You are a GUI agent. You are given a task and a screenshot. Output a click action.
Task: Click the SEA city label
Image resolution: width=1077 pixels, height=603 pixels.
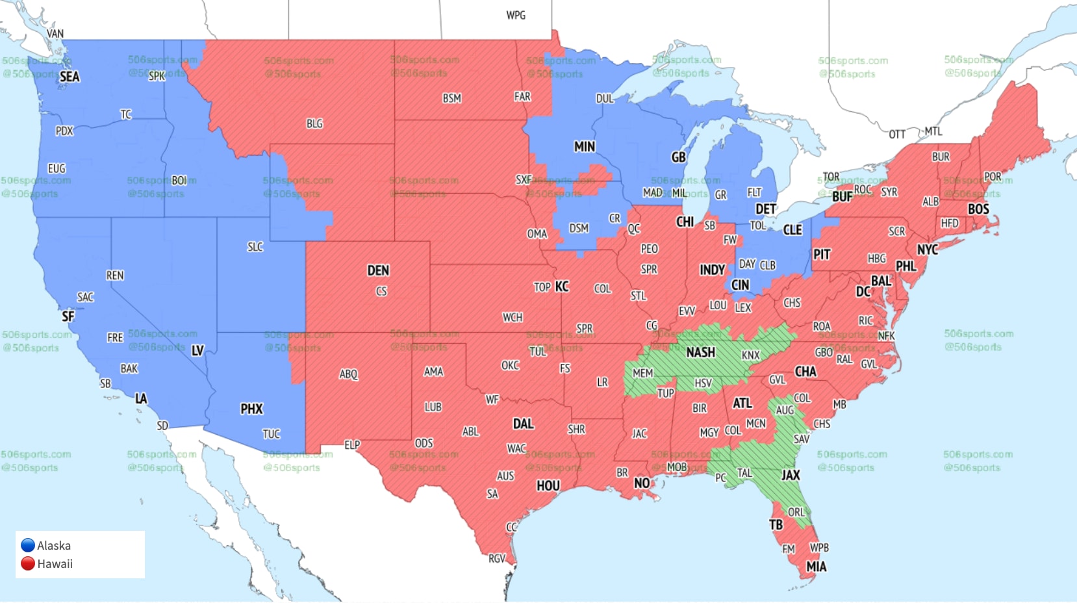pyautogui.click(x=70, y=77)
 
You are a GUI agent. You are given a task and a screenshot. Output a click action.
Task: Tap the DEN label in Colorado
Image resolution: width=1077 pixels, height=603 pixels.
pyautogui.click(x=378, y=270)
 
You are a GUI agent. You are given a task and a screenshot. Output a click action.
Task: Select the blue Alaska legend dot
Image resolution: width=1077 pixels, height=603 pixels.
pyautogui.click(x=28, y=545)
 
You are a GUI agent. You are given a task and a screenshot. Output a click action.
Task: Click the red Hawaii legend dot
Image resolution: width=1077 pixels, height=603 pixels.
pyautogui.click(x=28, y=563)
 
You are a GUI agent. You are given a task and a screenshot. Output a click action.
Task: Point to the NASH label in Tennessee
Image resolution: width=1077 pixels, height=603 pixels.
pyautogui.click(x=700, y=352)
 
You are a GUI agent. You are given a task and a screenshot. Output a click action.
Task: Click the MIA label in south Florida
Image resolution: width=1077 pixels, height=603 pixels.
pyautogui.click(x=816, y=567)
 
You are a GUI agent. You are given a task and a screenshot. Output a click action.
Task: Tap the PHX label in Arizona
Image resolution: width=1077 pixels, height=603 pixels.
pyautogui.click(x=251, y=409)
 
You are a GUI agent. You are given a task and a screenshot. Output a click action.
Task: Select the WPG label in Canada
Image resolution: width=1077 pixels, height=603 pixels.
pyautogui.click(x=516, y=15)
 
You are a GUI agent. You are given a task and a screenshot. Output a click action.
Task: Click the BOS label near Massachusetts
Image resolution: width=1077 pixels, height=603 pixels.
pyautogui.click(x=978, y=209)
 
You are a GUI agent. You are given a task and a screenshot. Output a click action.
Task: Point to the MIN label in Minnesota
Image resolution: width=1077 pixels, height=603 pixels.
pyautogui.click(x=584, y=147)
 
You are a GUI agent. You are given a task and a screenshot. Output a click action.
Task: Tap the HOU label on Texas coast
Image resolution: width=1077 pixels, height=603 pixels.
pyautogui.click(x=548, y=485)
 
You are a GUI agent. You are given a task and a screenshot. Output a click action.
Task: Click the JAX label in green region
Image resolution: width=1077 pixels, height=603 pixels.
pyautogui.click(x=790, y=475)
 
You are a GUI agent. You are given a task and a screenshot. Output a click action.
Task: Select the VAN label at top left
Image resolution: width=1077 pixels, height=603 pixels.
pyautogui.click(x=55, y=34)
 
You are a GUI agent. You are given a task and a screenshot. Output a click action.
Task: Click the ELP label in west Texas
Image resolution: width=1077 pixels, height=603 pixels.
pyautogui.click(x=351, y=445)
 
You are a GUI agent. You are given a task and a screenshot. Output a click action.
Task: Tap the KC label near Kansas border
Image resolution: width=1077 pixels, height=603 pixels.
pyautogui.click(x=561, y=287)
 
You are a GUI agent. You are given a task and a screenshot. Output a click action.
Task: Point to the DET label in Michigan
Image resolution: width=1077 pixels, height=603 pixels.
pyautogui.click(x=765, y=209)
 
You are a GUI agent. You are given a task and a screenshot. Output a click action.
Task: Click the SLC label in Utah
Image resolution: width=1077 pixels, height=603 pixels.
pyautogui.click(x=255, y=247)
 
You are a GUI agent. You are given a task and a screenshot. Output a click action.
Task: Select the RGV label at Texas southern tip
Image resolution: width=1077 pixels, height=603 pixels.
pyautogui.click(x=496, y=558)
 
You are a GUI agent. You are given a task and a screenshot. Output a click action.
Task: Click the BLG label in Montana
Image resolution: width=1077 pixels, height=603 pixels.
pyautogui.click(x=314, y=123)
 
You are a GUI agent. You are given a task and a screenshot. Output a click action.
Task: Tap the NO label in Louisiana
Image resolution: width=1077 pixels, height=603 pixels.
pyautogui.click(x=641, y=483)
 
